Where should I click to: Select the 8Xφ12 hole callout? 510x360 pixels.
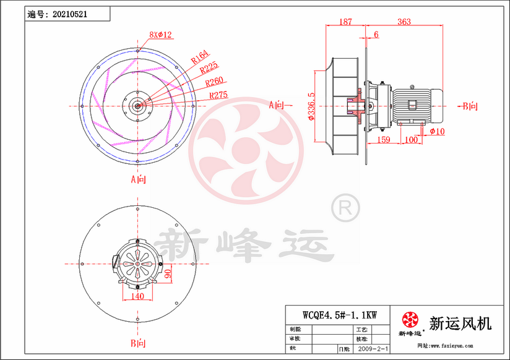tap(160, 35)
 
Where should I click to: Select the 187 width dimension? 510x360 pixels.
tap(346, 22)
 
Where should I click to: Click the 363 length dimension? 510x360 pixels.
tap(404, 22)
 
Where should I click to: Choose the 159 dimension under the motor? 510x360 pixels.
tap(382, 141)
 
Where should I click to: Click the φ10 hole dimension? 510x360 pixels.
tap(436, 131)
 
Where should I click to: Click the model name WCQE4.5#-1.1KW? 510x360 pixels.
tap(338, 314)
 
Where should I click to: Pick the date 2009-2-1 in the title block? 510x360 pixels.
tap(373, 349)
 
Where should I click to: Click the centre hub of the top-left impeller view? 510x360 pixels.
tap(137, 105)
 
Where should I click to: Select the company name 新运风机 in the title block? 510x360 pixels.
tap(460, 323)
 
